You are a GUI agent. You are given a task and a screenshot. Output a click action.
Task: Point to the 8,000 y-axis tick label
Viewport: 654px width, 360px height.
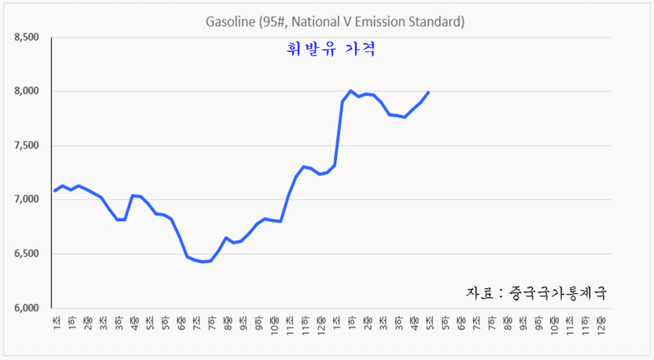pos(27,91)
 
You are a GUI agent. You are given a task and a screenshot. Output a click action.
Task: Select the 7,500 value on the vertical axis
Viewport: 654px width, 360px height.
pos(27,146)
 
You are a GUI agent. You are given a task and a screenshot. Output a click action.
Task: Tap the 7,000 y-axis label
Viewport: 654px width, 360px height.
pos(27,199)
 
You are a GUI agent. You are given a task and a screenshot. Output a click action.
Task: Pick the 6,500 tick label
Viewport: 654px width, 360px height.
pos(27,254)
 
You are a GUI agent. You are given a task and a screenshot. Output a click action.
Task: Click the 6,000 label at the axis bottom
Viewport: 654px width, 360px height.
pos(27,308)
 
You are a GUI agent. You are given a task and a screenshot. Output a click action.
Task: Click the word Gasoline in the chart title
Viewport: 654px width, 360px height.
pos(230,22)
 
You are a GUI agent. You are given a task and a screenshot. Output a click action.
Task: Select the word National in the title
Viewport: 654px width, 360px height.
pos(315,22)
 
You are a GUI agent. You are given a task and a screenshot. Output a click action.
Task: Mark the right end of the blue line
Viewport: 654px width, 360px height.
pos(428,92)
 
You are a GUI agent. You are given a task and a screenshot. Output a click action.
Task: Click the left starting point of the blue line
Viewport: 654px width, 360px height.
pos(55,191)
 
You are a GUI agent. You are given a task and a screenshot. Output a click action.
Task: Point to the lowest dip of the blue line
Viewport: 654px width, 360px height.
pos(202,261)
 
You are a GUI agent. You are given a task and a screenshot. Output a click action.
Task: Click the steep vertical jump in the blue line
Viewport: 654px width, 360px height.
pos(339,133)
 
